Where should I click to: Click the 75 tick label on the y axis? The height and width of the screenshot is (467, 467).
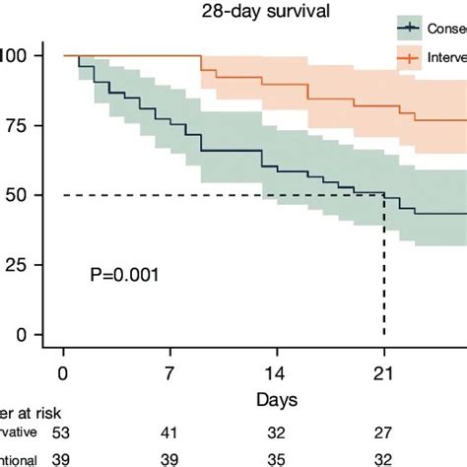[15, 125]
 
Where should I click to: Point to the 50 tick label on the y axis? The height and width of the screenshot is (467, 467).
[15, 195]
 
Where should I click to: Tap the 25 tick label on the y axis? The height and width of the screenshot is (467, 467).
[15, 265]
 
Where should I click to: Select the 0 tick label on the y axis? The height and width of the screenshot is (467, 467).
[20, 335]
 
